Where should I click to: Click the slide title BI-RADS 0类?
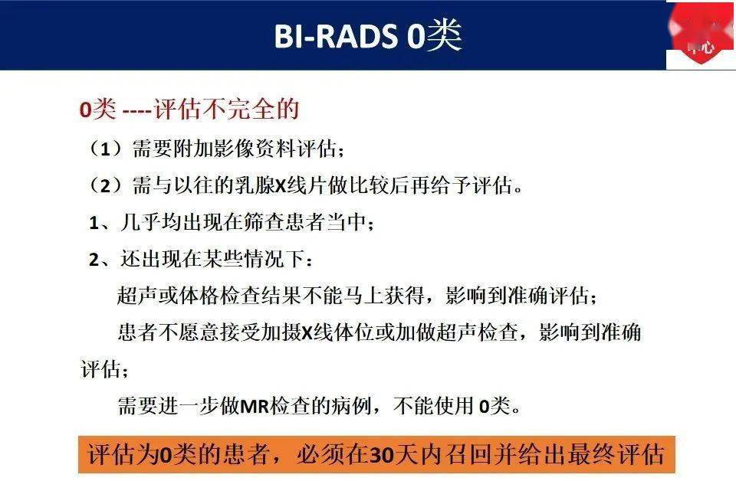[368, 35]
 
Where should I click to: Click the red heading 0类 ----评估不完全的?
[189, 110]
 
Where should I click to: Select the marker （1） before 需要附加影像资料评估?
[106, 149]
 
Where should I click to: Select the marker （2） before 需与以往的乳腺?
[106, 185]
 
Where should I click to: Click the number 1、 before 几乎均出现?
[100, 223]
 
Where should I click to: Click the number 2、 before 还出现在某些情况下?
[100, 260]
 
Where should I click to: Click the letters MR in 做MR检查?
[252, 406]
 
